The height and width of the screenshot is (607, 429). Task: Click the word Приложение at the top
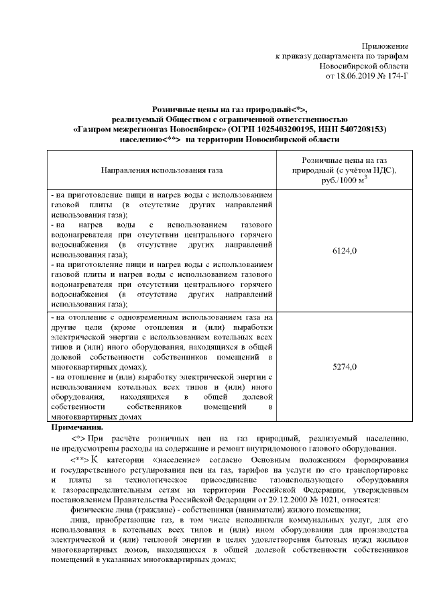coord(385,46)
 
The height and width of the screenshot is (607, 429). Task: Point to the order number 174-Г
coord(397,78)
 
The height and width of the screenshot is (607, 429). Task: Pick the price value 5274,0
coord(345,367)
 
